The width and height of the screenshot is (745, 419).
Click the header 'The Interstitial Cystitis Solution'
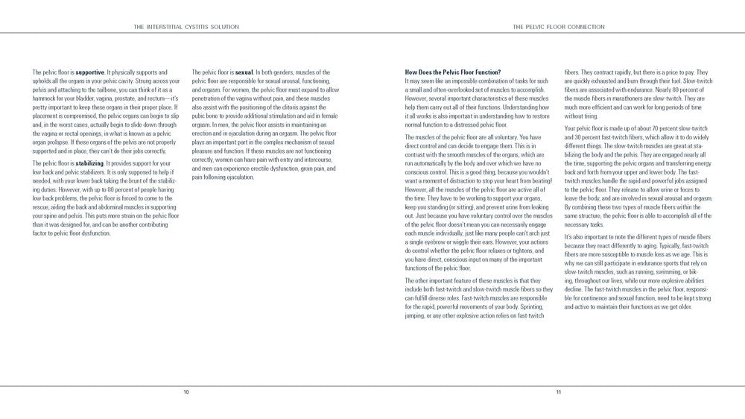click(x=186, y=26)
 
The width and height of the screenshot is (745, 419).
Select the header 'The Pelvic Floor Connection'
click(x=559, y=26)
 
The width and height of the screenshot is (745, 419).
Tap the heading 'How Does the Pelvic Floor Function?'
click(x=452, y=72)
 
